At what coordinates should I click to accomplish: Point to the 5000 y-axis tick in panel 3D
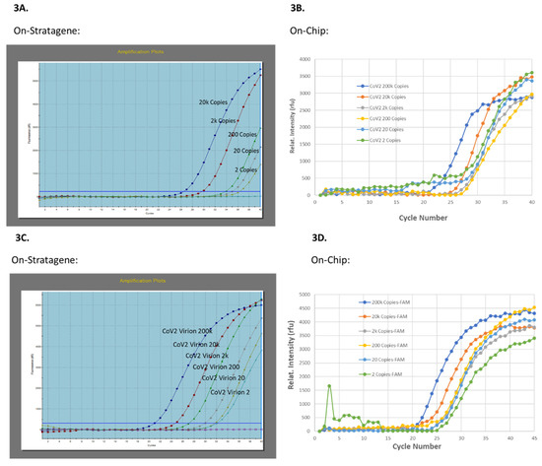pos(305,295)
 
